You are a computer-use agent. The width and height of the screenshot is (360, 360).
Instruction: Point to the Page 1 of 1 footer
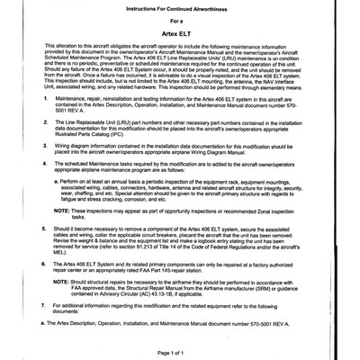click(x=180, y=352)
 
